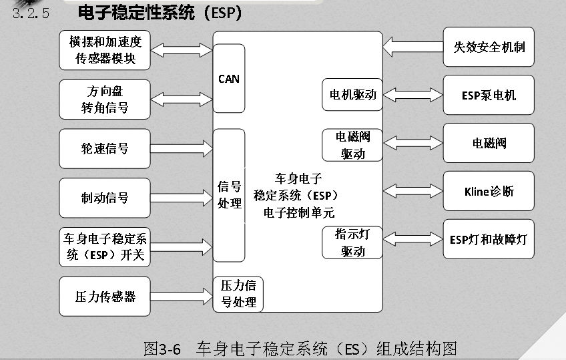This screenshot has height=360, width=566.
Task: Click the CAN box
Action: tap(229, 78)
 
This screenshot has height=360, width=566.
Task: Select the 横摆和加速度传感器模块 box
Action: tap(105, 50)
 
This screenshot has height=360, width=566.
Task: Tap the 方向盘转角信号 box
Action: tap(105, 100)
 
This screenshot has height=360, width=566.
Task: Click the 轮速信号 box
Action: tap(105, 148)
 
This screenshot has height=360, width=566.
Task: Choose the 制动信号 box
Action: tap(105, 198)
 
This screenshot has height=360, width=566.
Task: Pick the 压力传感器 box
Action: tap(105, 297)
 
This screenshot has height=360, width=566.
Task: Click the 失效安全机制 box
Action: tap(489, 47)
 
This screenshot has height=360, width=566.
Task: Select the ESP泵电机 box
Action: tap(489, 95)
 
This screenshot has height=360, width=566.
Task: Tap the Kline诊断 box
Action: tap(489, 191)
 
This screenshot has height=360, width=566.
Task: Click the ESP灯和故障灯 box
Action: tap(489, 239)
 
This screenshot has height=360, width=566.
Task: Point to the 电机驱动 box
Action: tap(352, 95)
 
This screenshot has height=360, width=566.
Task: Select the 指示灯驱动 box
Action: tap(352, 242)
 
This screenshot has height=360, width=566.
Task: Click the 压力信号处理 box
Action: tap(238, 295)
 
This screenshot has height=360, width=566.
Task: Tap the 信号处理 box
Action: tap(229, 195)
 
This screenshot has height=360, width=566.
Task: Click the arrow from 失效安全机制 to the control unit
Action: tap(413, 47)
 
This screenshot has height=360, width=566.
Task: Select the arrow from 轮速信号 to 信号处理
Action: tap(182, 148)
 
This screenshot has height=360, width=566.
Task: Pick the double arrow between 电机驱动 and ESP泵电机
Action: tap(413, 95)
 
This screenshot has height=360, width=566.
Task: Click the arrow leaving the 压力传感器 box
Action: tap(182, 297)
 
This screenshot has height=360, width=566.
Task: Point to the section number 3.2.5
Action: tap(31, 13)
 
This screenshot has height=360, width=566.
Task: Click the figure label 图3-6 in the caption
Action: tap(162, 349)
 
